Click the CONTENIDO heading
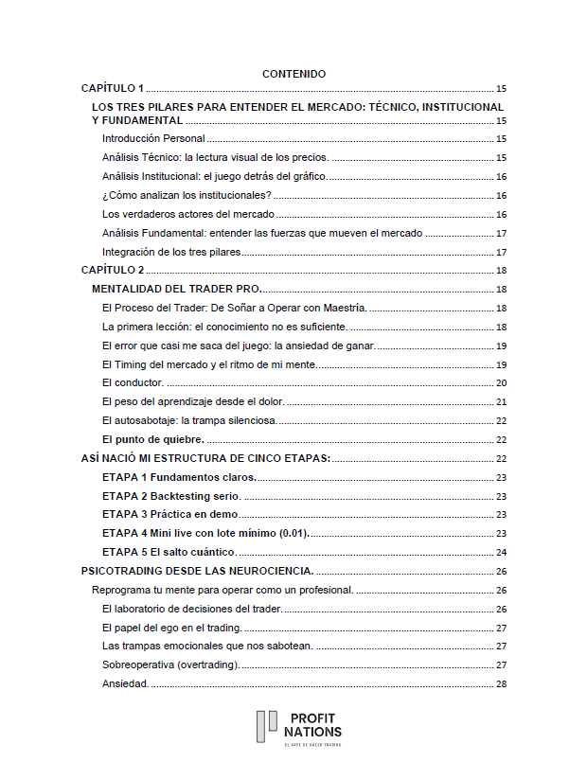click(x=293, y=74)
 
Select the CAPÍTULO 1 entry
click(x=113, y=87)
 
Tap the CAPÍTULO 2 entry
click(x=113, y=271)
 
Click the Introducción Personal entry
click(x=153, y=139)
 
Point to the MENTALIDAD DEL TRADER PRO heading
click(x=177, y=290)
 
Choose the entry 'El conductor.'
click(x=133, y=383)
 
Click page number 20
click(x=501, y=383)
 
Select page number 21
click(x=501, y=402)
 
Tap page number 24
click(x=501, y=552)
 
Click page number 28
click(x=501, y=684)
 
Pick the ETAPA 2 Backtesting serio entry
click(x=171, y=496)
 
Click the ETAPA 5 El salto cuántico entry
click(x=169, y=552)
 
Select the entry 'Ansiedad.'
click(x=125, y=684)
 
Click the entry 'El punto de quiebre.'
click(x=152, y=440)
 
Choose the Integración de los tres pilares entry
click(x=171, y=253)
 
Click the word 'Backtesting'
click(x=182, y=496)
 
